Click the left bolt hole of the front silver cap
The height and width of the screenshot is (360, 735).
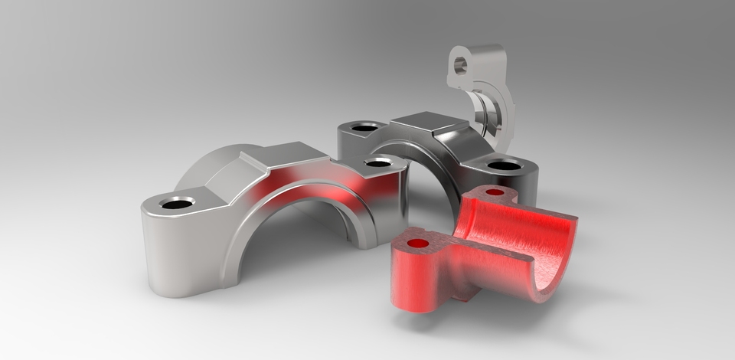177,203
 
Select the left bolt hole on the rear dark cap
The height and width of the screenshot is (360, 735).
364,126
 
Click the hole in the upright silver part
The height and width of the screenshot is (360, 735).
459,66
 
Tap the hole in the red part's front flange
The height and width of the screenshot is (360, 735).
418,243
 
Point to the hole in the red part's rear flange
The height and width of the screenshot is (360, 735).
495,191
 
